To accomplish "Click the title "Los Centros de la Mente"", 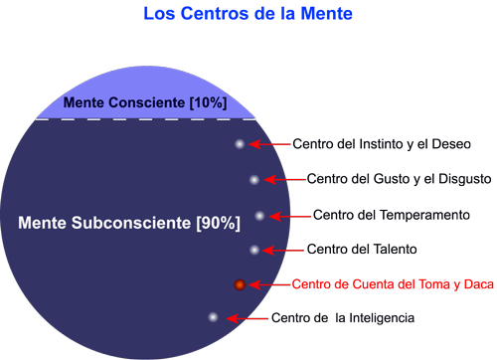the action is tap(248, 14).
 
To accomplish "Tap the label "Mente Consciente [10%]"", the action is tap(145, 102).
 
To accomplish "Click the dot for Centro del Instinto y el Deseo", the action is tap(240, 144).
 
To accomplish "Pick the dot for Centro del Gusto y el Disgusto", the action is tap(254, 180).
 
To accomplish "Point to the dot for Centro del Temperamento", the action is tap(259, 215).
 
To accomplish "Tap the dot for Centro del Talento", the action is tap(254, 250).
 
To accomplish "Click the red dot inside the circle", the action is tap(240, 284).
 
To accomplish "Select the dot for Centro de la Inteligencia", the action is tap(213, 317).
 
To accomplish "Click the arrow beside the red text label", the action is tap(269, 284).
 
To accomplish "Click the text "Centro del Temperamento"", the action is tap(391, 215).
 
